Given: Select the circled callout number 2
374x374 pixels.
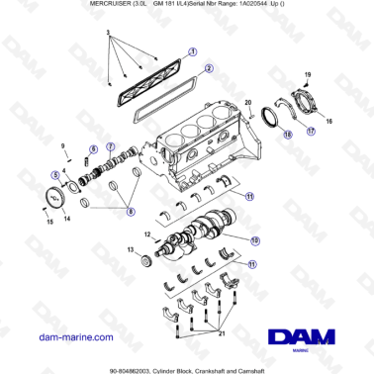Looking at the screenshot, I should click(209, 70).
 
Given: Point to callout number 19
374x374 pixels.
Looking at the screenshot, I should click(307, 74).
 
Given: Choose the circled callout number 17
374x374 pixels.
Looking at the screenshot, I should click(310, 130).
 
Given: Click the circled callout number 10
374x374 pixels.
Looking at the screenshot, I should click(254, 239).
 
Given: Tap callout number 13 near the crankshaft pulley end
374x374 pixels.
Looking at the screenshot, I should click(131, 251).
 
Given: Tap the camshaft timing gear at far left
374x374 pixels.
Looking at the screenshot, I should click(55, 195).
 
